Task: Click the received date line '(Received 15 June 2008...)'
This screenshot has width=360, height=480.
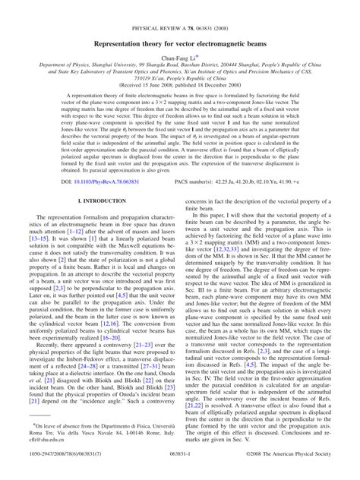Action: click(x=179, y=86)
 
